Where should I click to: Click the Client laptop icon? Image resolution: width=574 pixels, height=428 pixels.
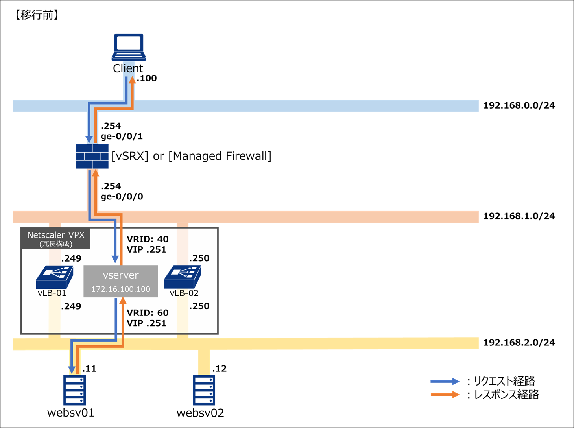point(129,47)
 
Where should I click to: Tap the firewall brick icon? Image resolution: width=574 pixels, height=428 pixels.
point(92,156)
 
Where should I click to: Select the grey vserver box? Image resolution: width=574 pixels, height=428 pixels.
point(121,281)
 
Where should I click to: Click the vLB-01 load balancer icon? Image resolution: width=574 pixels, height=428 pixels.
point(54,277)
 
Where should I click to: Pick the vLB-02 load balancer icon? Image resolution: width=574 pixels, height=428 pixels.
point(182,277)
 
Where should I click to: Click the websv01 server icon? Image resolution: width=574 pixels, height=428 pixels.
point(74,390)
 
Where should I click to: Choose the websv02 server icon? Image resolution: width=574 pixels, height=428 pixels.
point(204,390)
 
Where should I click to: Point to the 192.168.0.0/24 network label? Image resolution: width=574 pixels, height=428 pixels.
point(519,105)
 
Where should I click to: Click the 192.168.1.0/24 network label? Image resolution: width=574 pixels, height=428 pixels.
point(519,216)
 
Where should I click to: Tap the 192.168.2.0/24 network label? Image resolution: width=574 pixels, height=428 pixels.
point(519,343)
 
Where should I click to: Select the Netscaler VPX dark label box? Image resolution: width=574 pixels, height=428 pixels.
point(55,238)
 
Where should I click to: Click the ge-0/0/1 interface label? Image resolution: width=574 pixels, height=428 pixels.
point(122,137)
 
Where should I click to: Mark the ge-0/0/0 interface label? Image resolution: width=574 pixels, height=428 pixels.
point(122,197)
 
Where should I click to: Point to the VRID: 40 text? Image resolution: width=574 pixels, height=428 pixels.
point(148,239)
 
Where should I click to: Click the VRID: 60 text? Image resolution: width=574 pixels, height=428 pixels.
point(148,313)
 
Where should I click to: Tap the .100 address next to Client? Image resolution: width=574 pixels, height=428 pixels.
point(147,78)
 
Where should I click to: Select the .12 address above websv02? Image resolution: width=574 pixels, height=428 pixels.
point(220,369)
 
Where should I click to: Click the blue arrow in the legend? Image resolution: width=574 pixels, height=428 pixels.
point(445,381)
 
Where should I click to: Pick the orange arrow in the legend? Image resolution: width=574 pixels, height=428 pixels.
point(445,395)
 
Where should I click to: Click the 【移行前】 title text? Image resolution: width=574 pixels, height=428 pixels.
point(37,15)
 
